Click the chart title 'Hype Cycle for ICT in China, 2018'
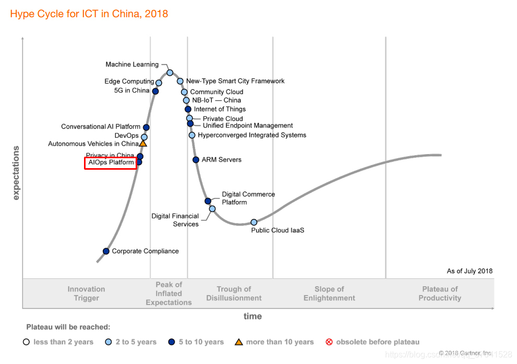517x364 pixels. [x=89, y=14]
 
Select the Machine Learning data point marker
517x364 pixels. [x=170, y=73]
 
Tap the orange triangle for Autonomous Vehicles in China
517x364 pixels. [x=143, y=143]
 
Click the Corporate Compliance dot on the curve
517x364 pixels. [x=106, y=251]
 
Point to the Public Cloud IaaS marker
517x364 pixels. [x=254, y=222]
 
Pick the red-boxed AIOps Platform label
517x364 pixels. [x=111, y=163]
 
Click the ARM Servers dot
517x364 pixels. [x=196, y=160]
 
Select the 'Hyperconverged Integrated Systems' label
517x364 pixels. [x=252, y=135]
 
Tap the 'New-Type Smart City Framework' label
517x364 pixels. [x=235, y=81]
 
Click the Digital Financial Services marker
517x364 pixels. [x=212, y=209]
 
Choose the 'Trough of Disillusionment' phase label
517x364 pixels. [x=234, y=293]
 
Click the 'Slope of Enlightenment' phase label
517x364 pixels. [x=329, y=293]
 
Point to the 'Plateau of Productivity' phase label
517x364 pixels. [x=440, y=293]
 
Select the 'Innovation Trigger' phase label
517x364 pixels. [x=86, y=293]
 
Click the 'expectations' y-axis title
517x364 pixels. [x=16, y=173]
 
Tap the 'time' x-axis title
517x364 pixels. [x=253, y=316]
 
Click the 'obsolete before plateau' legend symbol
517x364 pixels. [x=329, y=342]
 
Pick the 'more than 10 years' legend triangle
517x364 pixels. [x=239, y=342]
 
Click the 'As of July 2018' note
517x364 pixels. [x=470, y=271]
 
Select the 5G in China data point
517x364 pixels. [x=155, y=91]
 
